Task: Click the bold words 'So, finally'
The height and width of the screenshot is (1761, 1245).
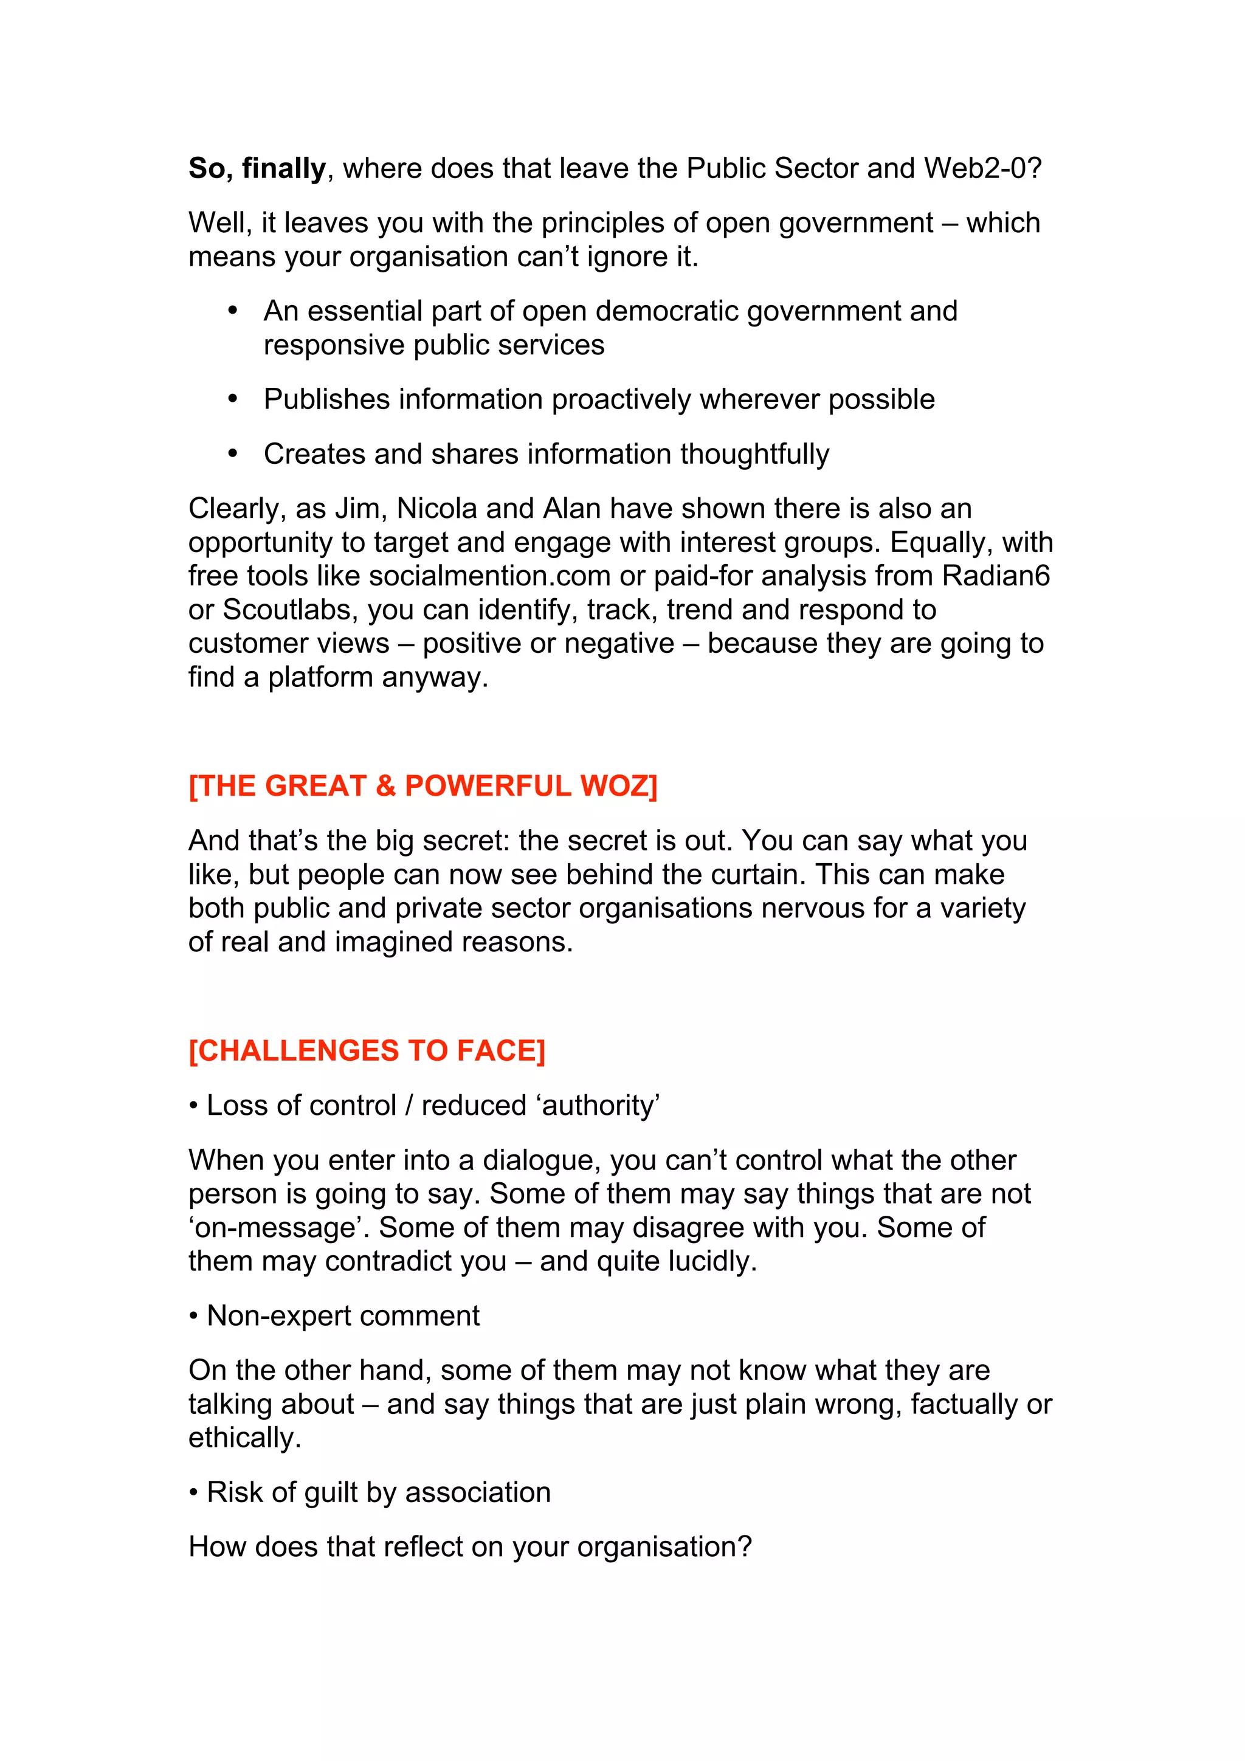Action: [257, 168]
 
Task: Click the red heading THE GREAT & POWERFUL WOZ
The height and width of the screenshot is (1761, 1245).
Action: [422, 786]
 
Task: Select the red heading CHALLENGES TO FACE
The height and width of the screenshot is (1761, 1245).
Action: [367, 1051]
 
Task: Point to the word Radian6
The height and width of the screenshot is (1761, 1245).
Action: [996, 576]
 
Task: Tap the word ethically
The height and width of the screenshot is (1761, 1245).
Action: [244, 1438]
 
